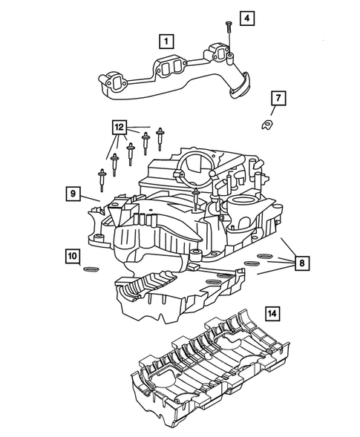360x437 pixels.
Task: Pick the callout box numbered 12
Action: [117, 127]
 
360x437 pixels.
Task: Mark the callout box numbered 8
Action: [301, 262]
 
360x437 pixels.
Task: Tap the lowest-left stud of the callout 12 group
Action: [102, 178]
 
